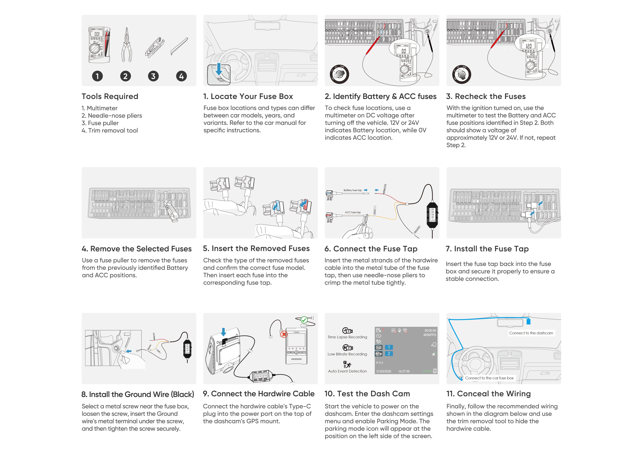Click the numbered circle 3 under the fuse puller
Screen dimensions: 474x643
click(153, 76)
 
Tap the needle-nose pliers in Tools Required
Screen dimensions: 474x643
click(126, 45)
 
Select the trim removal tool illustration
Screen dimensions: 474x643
click(179, 46)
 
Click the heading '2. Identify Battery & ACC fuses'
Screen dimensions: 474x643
click(381, 96)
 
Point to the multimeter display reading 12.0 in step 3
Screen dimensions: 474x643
click(529, 46)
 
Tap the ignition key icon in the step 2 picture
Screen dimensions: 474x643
click(339, 74)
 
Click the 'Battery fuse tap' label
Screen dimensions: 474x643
click(352, 190)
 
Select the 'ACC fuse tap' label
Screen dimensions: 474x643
click(352, 212)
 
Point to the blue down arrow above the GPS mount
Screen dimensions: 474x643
click(223, 332)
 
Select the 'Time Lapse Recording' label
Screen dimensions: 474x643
click(347, 337)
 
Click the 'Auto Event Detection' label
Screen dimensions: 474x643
click(347, 371)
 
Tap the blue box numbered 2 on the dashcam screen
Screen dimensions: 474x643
click(389, 354)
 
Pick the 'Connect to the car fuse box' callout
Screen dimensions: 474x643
click(489, 378)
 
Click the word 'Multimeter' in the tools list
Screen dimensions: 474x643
click(102, 108)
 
